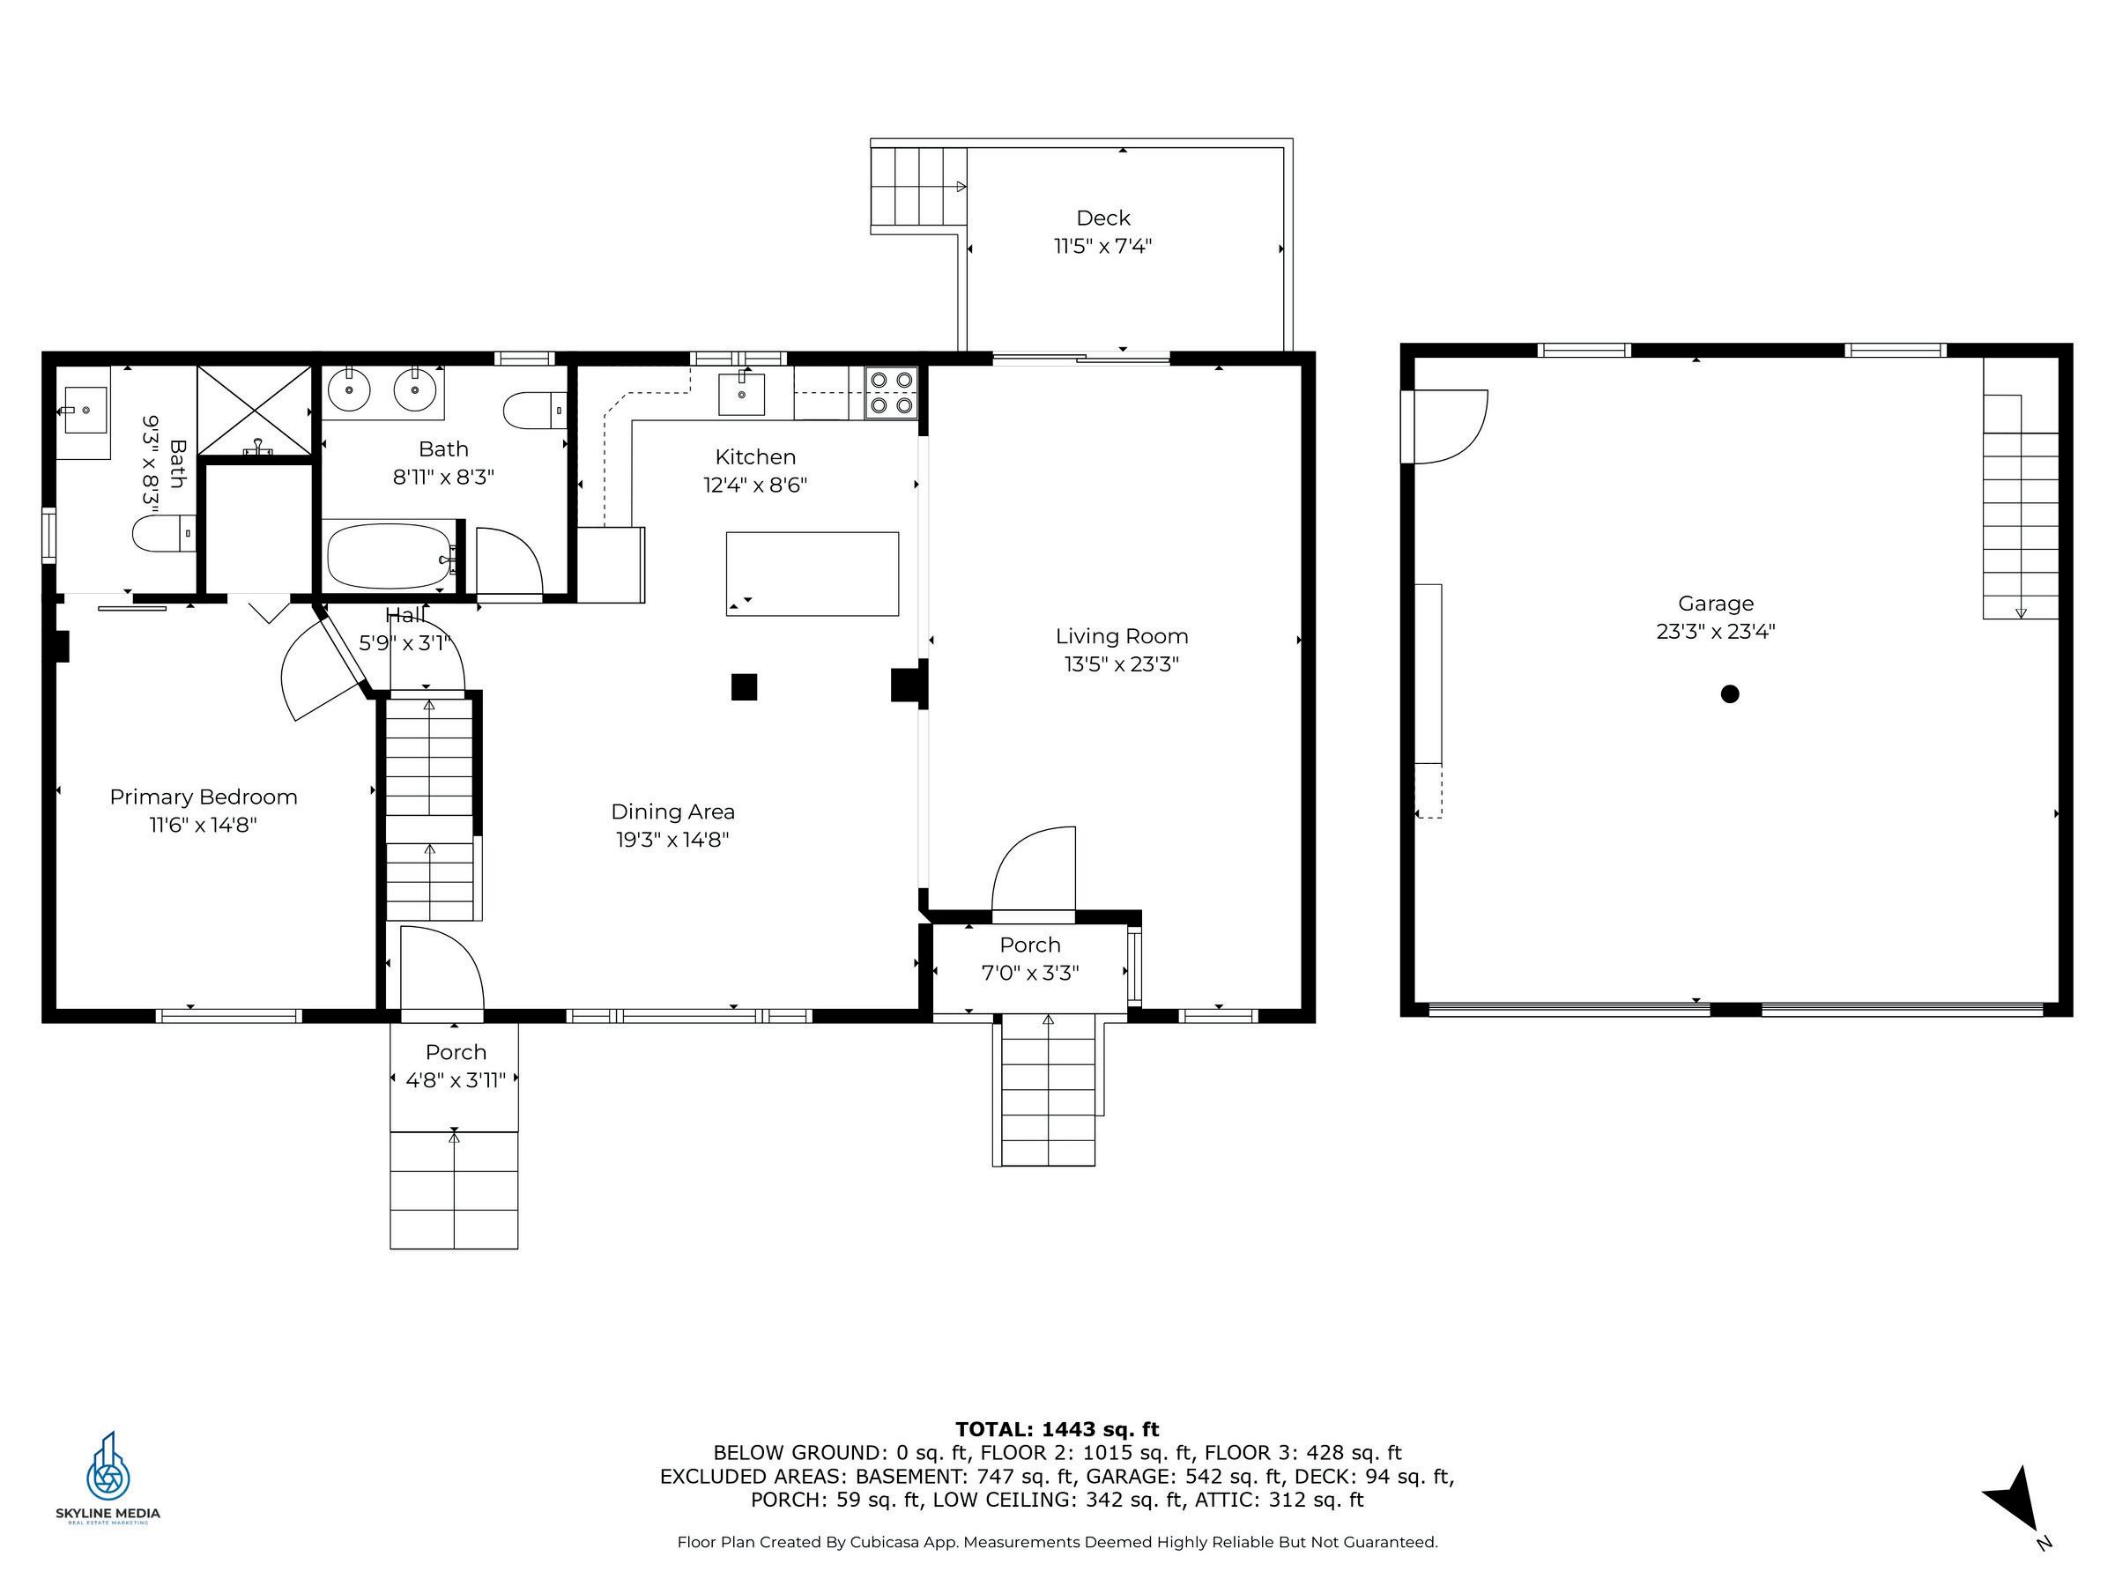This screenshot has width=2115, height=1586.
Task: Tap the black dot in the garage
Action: click(x=1729, y=694)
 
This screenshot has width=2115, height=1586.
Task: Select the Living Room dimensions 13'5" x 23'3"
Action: click(x=1122, y=663)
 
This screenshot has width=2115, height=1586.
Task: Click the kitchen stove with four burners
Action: click(x=890, y=393)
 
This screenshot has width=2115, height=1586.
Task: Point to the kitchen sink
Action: click(x=741, y=394)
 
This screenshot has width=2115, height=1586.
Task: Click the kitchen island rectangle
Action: click(x=812, y=574)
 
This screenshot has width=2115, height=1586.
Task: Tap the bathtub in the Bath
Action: click(x=390, y=555)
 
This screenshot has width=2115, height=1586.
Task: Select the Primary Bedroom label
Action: click(x=204, y=797)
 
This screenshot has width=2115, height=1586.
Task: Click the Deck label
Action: click(x=1103, y=218)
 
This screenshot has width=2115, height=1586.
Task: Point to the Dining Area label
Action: click(x=673, y=812)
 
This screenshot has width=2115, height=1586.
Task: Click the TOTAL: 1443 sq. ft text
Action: click(x=1057, y=1429)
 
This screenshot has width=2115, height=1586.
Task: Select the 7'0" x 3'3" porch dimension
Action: click(x=1030, y=974)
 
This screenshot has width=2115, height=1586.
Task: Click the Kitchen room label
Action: click(x=755, y=457)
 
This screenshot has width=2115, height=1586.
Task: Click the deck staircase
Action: click(x=918, y=187)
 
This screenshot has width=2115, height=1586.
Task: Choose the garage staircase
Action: click(x=2021, y=507)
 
